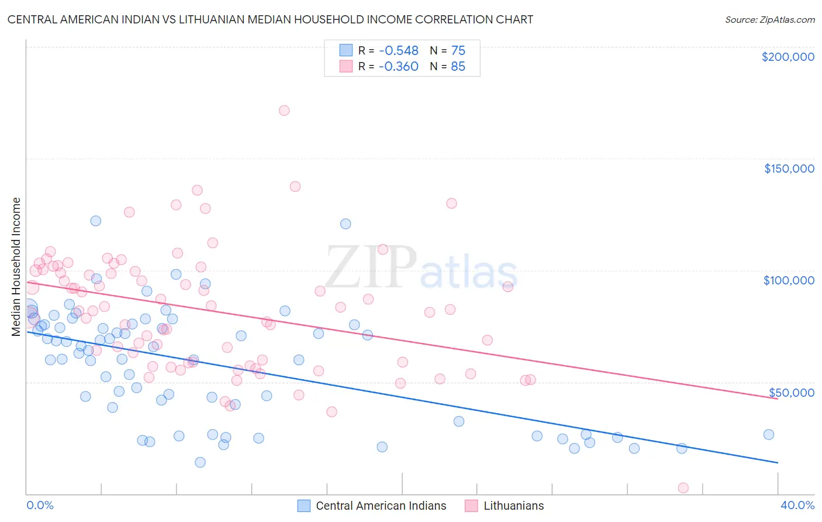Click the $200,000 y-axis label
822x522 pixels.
788,57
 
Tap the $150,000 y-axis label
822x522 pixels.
789,169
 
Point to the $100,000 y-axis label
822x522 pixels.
789,280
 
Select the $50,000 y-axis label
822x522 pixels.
791,392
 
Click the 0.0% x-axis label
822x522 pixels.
40,505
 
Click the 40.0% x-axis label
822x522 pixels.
797,505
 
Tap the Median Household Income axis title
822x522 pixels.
16,267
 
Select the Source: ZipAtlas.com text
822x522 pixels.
769,19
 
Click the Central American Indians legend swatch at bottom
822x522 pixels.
303,506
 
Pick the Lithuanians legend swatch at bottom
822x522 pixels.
471,506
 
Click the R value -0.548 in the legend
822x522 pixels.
398,50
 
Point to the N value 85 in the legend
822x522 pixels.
458,67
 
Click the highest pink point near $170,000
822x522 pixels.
284,111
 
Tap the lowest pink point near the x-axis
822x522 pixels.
683,488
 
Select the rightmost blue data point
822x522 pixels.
769,434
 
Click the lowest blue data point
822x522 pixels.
200,462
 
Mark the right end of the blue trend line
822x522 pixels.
778,463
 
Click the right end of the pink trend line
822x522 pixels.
778,399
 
